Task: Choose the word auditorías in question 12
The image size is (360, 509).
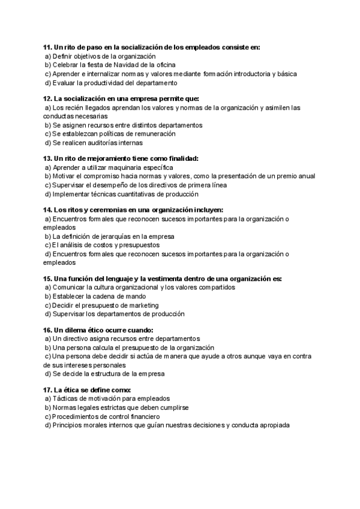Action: click(x=103, y=143)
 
